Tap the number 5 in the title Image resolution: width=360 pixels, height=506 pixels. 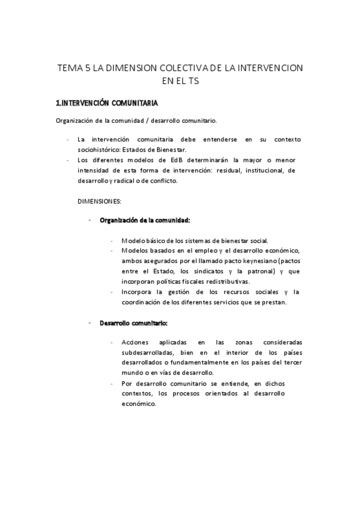[88, 68]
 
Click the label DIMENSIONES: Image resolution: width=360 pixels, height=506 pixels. [99, 201]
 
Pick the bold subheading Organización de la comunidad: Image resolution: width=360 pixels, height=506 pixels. [144, 220]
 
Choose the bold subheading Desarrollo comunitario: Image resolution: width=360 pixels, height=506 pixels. [133, 323]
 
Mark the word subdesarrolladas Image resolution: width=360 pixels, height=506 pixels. [147, 353]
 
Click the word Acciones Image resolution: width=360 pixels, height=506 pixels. [135, 343]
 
